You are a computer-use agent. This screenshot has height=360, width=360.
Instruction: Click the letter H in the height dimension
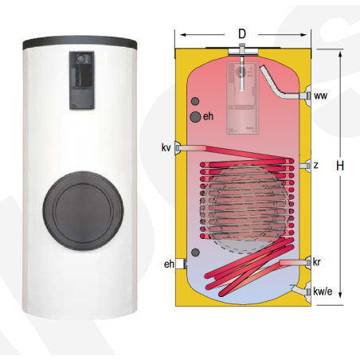tap(339, 166)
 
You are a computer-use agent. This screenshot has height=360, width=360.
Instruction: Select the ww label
tap(320, 96)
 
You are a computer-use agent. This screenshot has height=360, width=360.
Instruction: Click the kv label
tap(165, 147)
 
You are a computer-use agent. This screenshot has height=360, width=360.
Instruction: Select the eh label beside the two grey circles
tap(209, 118)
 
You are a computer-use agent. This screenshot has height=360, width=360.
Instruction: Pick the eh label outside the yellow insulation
tap(169, 264)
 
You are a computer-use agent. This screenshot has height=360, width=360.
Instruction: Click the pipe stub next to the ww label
tap(303, 97)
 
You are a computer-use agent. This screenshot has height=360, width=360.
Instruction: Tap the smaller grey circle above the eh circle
tap(194, 103)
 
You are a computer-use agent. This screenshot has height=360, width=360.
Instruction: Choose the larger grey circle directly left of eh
tap(195, 118)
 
